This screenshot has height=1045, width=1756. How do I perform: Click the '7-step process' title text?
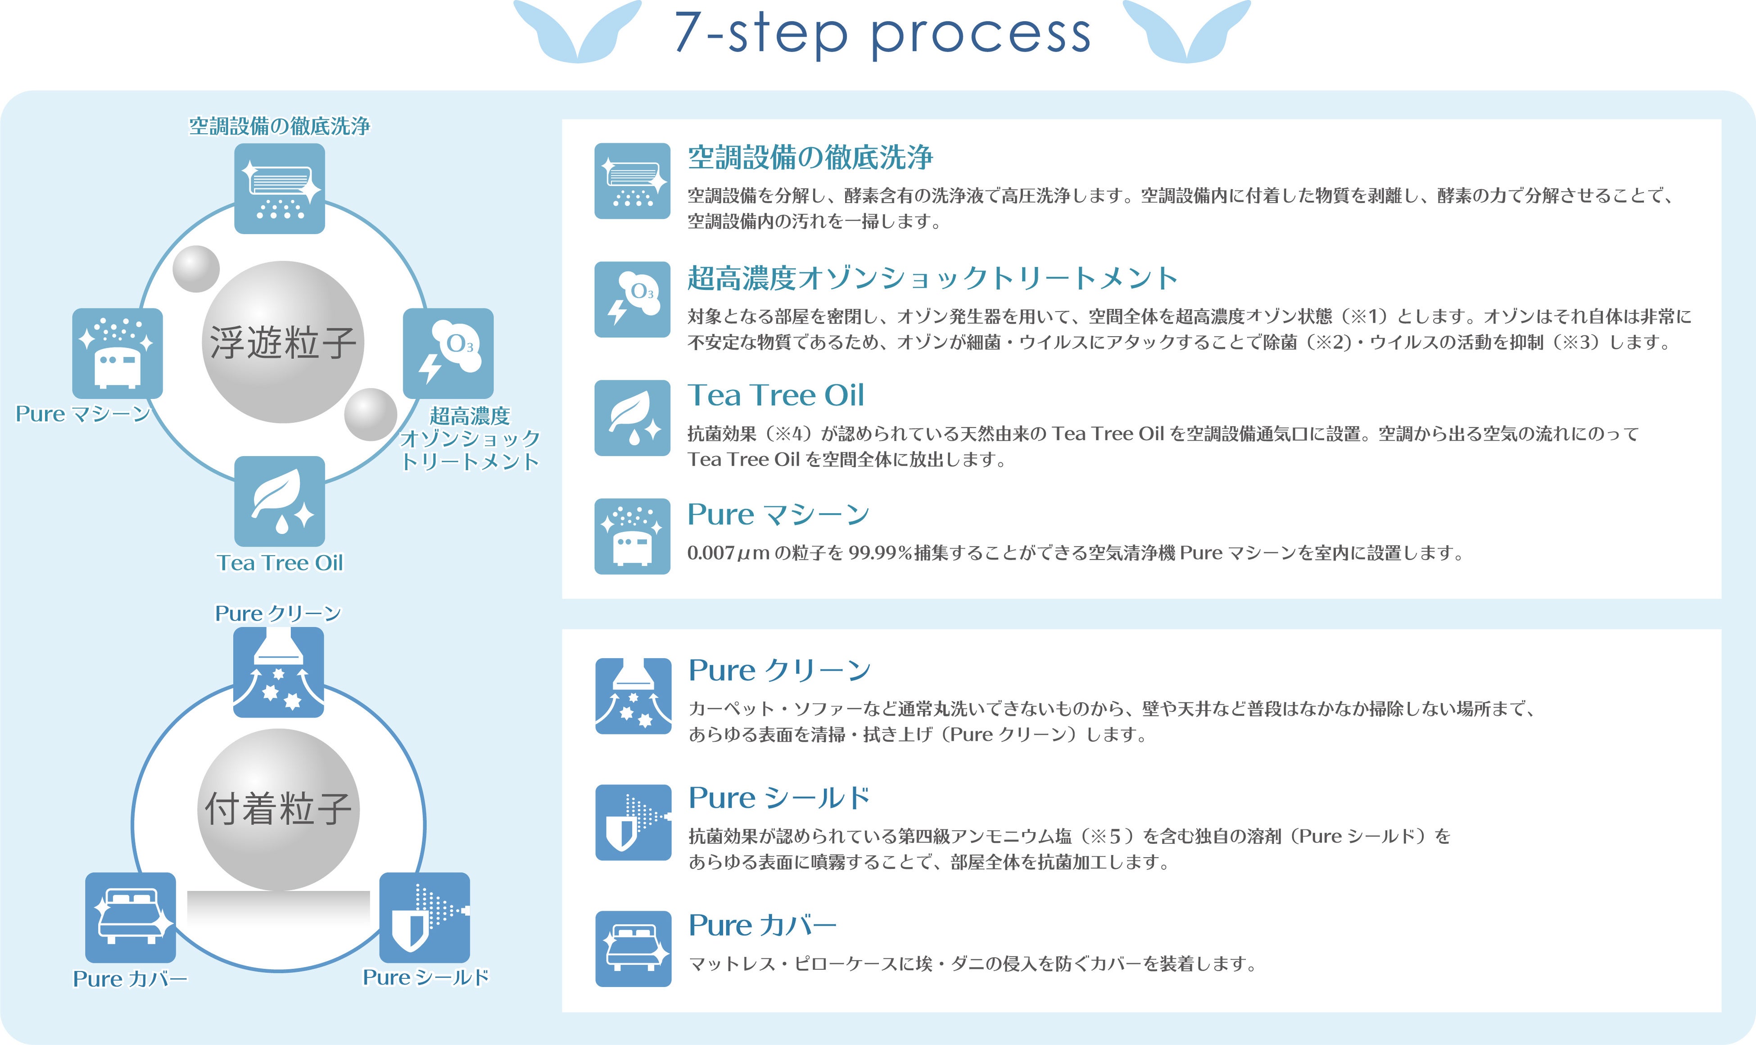pos(882,33)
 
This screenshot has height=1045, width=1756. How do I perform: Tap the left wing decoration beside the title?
pos(577,32)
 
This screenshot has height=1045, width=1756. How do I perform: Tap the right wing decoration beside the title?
pos(1187,32)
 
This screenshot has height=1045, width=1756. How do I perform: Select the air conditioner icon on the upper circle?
pos(280,189)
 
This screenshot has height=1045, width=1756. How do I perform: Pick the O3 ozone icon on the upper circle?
pos(448,353)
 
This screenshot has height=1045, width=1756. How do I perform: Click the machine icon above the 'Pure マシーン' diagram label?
pos(118,353)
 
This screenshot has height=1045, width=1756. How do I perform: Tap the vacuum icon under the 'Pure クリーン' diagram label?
pos(278,673)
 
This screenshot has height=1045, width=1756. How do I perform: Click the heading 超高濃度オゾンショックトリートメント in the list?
pos(932,278)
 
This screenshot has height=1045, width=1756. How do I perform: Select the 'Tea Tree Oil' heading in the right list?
pos(775,395)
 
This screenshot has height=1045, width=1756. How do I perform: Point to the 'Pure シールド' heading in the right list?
pos(779,798)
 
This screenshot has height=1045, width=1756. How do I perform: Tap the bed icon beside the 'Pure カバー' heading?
pos(633,949)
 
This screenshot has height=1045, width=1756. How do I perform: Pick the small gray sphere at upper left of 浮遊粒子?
pos(196,269)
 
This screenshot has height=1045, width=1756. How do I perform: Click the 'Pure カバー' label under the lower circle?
pos(130,979)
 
